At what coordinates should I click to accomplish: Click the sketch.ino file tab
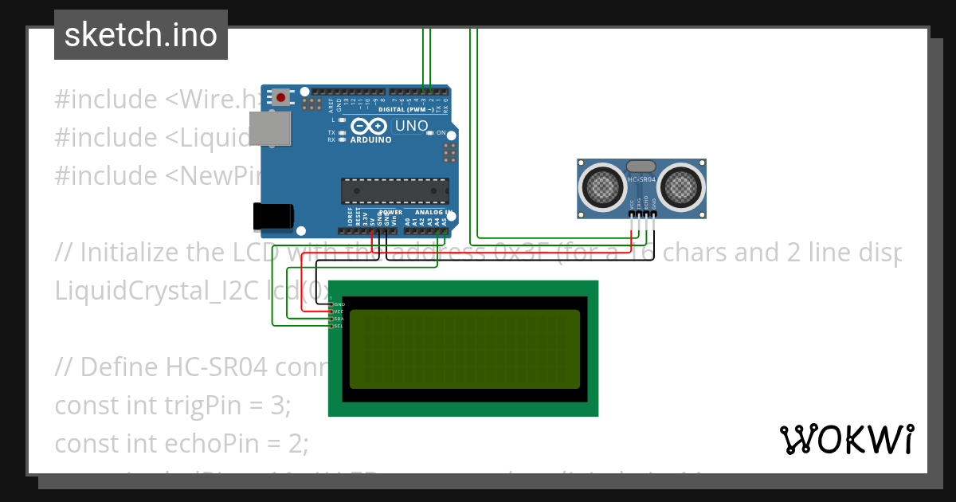click(x=140, y=35)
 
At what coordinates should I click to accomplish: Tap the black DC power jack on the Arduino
click(x=272, y=216)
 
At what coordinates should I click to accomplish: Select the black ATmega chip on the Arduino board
click(x=394, y=191)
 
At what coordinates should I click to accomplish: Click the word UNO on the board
click(x=411, y=126)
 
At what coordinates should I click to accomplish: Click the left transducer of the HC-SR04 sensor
click(x=602, y=186)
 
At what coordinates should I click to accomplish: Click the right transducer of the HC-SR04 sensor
click(x=681, y=186)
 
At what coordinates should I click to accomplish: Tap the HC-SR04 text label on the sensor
click(x=641, y=180)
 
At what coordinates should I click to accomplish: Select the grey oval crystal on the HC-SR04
click(x=641, y=166)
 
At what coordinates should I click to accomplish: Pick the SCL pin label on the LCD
click(x=339, y=326)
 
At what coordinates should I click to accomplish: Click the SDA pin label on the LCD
click(x=339, y=319)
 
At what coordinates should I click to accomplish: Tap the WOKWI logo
click(x=846, y=439)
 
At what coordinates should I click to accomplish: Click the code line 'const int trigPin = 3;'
click(x=173, y=405)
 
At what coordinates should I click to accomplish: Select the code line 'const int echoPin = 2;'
click(x=181, y=442)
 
